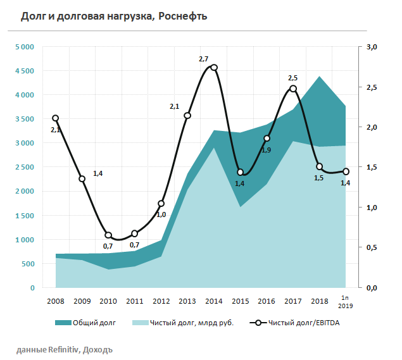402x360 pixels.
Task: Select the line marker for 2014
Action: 214,68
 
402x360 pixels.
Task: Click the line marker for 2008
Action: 56,118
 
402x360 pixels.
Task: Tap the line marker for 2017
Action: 293,89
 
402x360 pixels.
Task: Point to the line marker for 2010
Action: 108,235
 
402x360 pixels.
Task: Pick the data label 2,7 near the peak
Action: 203,59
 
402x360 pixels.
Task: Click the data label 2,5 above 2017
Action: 292,78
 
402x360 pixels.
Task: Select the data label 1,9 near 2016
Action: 266,150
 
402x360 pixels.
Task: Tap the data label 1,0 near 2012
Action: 161,214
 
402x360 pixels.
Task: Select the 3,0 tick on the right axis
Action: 372,47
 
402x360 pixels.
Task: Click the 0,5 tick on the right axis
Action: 372,247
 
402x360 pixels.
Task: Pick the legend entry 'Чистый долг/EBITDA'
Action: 305,323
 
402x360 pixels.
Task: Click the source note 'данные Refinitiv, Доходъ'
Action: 65,349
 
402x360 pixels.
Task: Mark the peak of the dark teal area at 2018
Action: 320,77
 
